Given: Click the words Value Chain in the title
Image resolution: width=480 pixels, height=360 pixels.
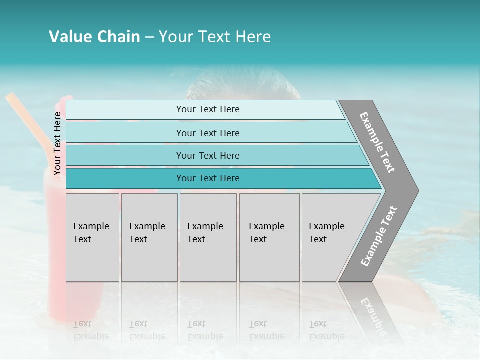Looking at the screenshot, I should (x=94, y=37).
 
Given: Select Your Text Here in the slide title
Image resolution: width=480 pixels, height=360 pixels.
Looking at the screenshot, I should (x=215, y=37).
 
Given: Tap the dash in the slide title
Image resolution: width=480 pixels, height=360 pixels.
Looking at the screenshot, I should (x=149, y=37).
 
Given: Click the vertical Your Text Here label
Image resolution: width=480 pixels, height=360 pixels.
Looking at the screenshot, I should (x=57, y=143).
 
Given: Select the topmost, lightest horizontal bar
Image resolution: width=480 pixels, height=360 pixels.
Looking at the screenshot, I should (x=205, y=109).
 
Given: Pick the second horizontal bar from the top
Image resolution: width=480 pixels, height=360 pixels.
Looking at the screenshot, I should (x=210, y=133).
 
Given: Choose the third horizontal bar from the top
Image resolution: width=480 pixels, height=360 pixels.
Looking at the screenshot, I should (x=215, y=155).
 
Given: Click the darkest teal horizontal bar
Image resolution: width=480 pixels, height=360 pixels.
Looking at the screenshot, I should (x=220, y=178).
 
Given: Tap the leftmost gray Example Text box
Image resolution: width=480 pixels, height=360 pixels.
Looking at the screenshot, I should (x=92, y=237).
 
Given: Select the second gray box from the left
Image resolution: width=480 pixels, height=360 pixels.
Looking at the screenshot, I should (x=149, y=237).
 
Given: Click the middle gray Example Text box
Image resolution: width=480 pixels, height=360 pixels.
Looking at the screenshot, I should (x=208, y=237).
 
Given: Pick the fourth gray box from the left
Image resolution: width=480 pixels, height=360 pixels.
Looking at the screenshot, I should (x=269, y=237).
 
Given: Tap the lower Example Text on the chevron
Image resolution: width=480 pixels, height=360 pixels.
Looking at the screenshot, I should (x=379, y=236).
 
